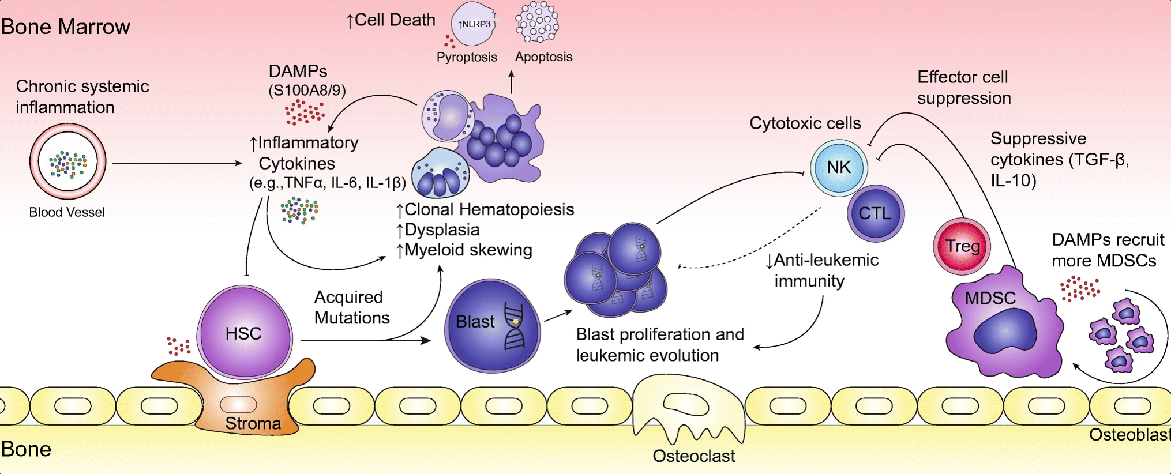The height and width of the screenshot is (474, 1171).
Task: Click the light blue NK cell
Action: coord(839,168)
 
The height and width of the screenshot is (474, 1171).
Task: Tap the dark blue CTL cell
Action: coord(876,213)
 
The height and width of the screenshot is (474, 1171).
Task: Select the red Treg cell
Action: coord(962,246)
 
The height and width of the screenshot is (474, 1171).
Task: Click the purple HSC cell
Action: coord(245,332)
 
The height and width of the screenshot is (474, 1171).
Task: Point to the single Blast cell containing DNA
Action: coord(492,326)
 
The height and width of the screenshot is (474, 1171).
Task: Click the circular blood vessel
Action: coord(68,161)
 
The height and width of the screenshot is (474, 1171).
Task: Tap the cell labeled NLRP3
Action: coord(473,24)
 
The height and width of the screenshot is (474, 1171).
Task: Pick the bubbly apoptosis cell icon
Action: coord(537,22)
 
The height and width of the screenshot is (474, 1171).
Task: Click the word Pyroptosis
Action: coord(467,57)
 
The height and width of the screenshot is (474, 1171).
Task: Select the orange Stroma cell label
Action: coord(253,423)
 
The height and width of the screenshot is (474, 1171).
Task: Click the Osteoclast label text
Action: coord(694,456)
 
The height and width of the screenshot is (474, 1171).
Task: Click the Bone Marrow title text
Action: coord(66,27)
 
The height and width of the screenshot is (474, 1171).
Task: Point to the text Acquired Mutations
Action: coord(352,307)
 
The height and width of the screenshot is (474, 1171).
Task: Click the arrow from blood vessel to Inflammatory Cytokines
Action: coord(177,163)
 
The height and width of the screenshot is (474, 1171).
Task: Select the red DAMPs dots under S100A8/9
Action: coord(305,112)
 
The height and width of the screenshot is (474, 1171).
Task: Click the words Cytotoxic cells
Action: coord(805,123)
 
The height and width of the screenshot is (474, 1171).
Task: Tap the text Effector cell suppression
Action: coord(964,88)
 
